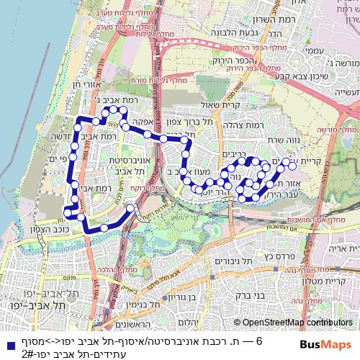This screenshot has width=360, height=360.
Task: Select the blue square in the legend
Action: pos(6,344)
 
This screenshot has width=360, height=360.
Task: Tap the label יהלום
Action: pos(186,322)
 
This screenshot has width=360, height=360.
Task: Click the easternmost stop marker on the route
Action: pos(293,166)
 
